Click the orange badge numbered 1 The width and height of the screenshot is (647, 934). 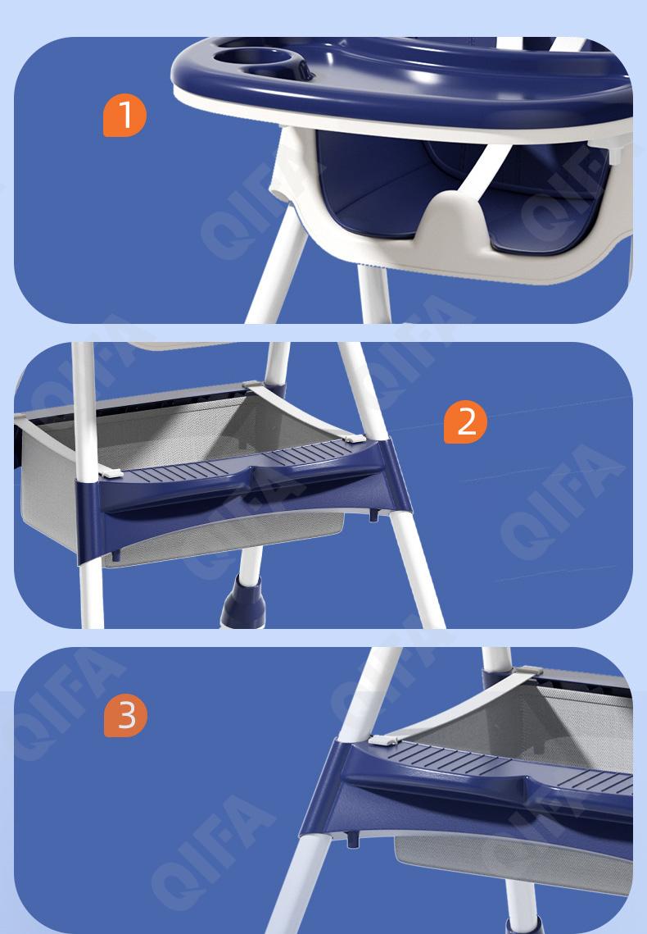pos(124,115)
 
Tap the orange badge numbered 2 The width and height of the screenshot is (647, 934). pos(465,421)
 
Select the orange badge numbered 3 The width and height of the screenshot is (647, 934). pos(125,715)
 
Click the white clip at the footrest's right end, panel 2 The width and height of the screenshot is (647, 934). pos(354,440)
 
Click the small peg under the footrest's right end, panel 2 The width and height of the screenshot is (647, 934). pos(374,515)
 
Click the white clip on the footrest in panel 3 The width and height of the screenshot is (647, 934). pos(382,740)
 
